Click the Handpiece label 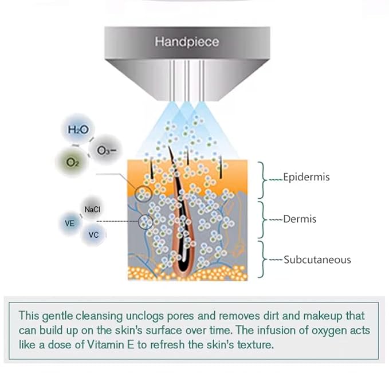(187, 42)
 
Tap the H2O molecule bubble (78, 129)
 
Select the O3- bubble (105, 150)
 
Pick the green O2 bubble (72, 162)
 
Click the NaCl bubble (92, 209)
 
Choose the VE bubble (70, 223)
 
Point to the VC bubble (93, 234)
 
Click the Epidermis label (307, 177)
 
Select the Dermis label (300, 219)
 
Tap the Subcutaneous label (317, 260)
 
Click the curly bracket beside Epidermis (263, 180)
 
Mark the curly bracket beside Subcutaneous (263, 260)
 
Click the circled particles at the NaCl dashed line (146, 222)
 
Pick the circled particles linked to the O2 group (143, 194)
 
